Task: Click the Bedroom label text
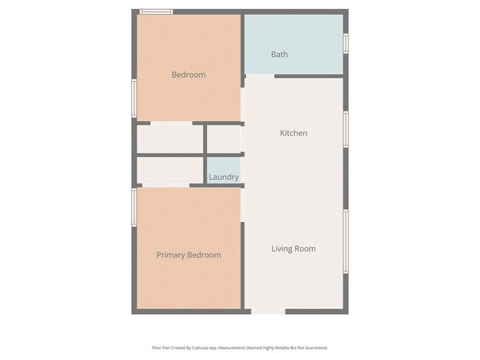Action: coord(188,75)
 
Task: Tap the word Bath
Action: coord(279,55)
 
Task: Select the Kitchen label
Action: coord(293,134)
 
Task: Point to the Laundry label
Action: coord(223,177)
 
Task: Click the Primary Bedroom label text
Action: coord(188,255)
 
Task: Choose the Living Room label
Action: coord(293,249)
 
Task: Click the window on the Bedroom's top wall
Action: coord(157,12)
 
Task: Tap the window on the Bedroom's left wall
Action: coord(134,98)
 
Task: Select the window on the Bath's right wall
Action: coord(346,43)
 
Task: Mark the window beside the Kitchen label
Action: coord(346,129)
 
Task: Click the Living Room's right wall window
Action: coord(346,240)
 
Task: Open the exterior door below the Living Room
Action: coord(269,312)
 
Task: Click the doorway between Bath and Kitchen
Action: coord(259,76)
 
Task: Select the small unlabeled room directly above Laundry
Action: coord(223,139)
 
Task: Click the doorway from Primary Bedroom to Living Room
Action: coord(242,205)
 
